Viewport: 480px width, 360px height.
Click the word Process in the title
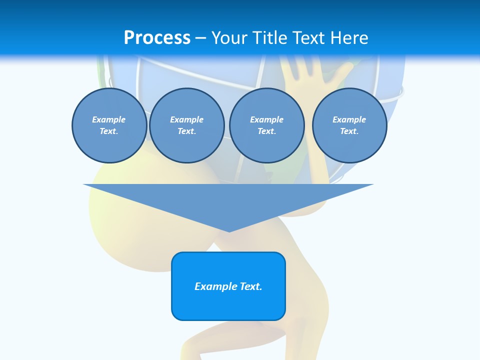157,37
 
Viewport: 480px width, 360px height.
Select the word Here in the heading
349,37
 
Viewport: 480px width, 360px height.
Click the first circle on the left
109,125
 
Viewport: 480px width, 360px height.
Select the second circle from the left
186,125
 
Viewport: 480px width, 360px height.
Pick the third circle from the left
266,125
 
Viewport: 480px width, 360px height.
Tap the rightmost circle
349,125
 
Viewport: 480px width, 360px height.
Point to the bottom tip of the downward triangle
228,231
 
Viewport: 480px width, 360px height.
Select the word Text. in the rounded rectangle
251,286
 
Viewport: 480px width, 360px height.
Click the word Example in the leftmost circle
109,119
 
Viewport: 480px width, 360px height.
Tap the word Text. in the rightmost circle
349,131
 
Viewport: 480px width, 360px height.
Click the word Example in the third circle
266,119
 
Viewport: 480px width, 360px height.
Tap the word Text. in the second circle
186,131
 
